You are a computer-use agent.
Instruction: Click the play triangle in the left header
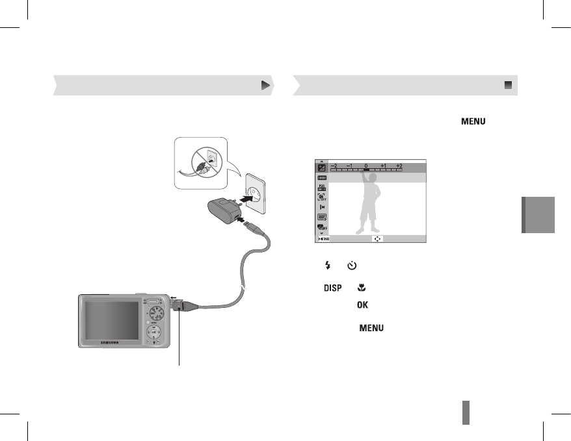pyautogui.click(x=265, y=85)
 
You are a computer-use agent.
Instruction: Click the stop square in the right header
pyautogui.click(x=508, y=85)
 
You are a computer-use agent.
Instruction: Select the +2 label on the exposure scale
pyautogui.click(x=399, y=166)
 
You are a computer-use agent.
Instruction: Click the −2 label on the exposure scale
pyautogui.click(x=333, y=166)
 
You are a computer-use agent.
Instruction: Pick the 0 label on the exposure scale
pyautogui.click(x=366, y=166)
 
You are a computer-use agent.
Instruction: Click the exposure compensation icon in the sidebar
pyautogui.click(x=321, y=167)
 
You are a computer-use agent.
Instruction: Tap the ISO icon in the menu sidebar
pyautogui.click(x=321, y=188)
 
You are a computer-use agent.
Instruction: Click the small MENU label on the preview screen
pyautogui.click(x=323, y=238)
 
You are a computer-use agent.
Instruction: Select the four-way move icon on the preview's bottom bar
pyautogui.click(x=378, y=238)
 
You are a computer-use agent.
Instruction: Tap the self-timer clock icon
pyautogui.click(x=351, y=266)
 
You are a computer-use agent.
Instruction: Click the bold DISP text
pyautogui.click(x=332, y=286)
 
